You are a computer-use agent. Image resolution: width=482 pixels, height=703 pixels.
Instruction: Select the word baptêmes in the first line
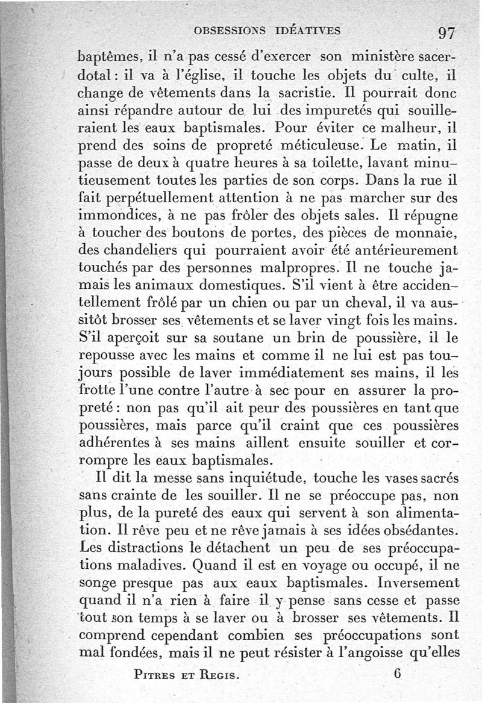[111, 60]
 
